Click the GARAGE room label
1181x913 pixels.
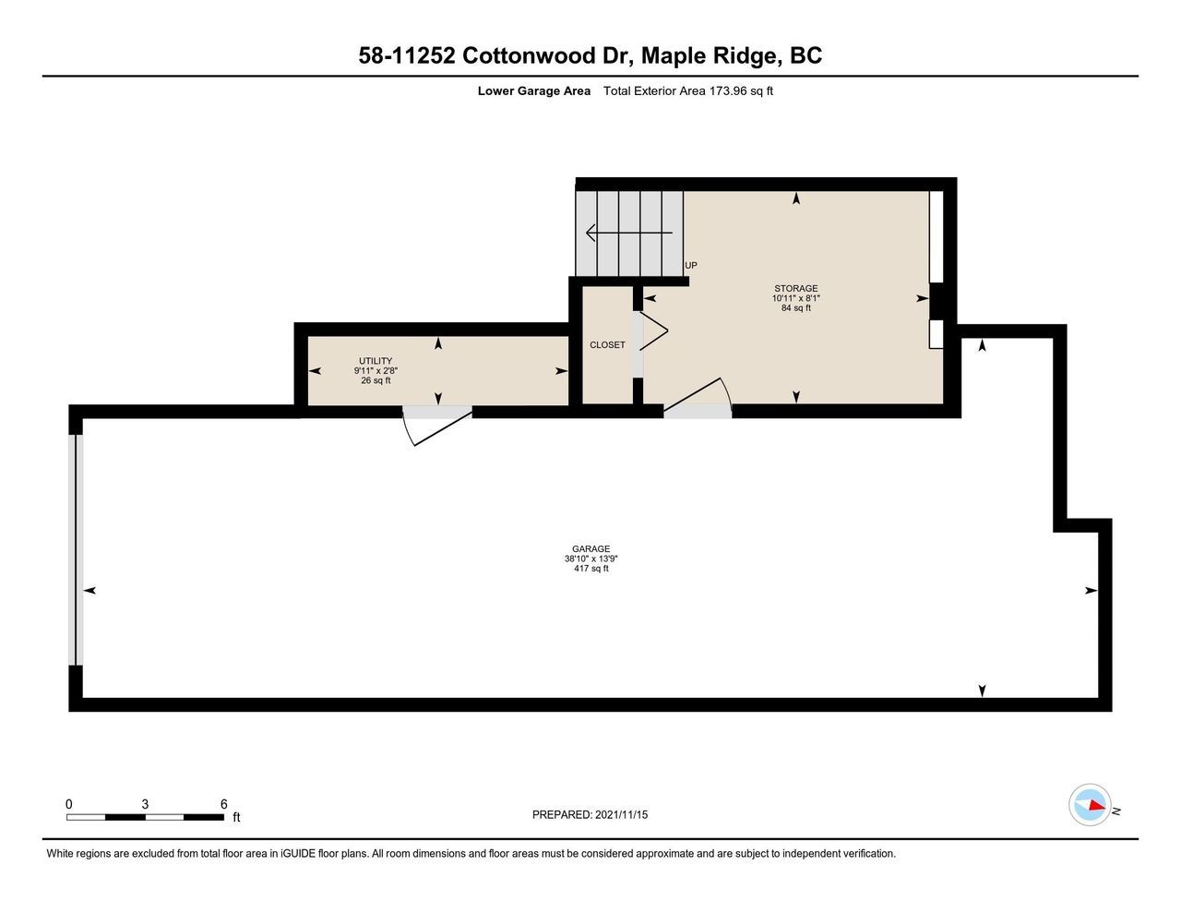pyautogui.click(x=590, y=549)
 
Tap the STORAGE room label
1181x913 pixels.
pyautogui.click(x=795, y=288)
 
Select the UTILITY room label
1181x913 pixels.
pyautogui.click(x=376, y=361)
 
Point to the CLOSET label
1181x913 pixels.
pyautogui.click(x=607, y=344)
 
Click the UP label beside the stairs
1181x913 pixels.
pyautogui.click(x=691, y=265)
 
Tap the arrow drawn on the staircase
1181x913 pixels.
pyautogui.click(x=629, y=233)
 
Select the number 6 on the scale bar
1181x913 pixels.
pyautogui.click(x=223, y=804)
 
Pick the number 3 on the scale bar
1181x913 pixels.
pyautogui.click(x=145, y=804)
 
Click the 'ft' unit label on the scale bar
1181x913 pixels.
pyautogui.click(x=236, y=817)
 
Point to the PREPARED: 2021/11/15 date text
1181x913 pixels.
pyautogui.click(x=590, y=814)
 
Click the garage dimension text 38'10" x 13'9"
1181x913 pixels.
pyautogui.click(x=590, y=559)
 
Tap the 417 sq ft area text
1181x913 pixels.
pyautogui.click(x=590, y=569)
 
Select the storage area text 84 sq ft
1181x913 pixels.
pyautogui.click(x=795, y=307)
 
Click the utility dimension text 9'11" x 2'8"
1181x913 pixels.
pyautogui.click(x=376, y=370)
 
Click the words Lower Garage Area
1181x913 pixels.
pyautogui.click(x=533, y=90)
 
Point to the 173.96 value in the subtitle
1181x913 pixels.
pyautogui.click(x=728, y=90)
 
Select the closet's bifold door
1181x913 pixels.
pyautogui.click(x=654, y=330)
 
